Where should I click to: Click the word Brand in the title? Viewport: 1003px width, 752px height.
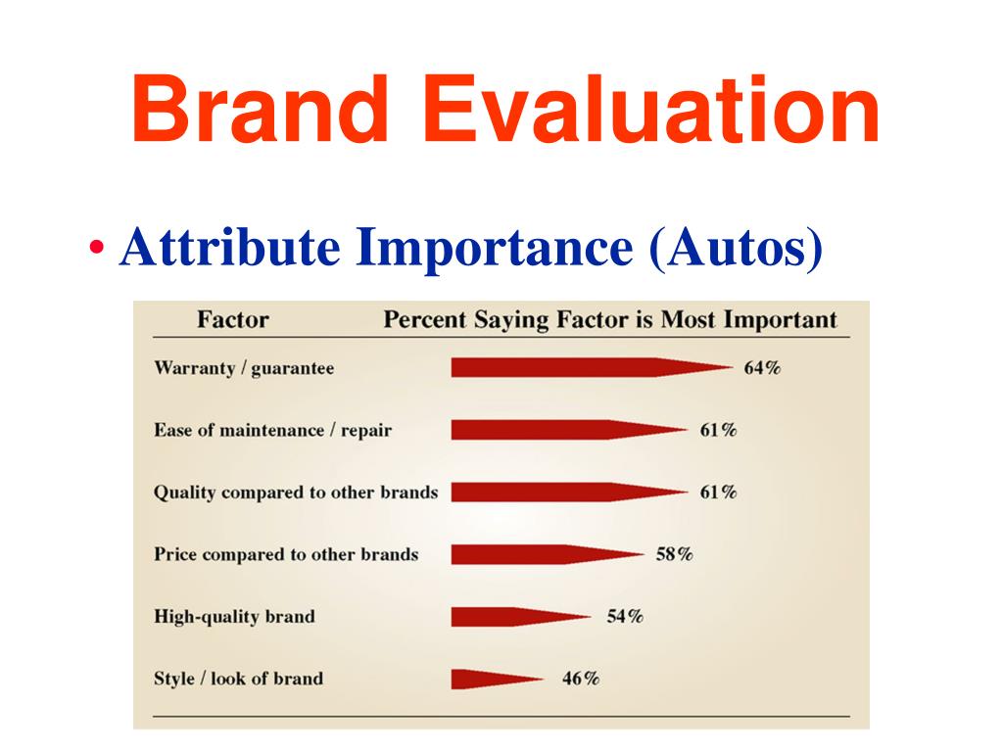(x=261, y=109)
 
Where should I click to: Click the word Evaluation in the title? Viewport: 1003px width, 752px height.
(x=651, y=109)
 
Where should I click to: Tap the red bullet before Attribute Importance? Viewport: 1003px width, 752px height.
(x=97, y=247)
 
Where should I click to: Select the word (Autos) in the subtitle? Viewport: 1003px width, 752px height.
(x=736, y=247)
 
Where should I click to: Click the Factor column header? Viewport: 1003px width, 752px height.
(x=233, y=319)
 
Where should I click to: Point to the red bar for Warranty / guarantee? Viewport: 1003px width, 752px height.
(x=592, y=367)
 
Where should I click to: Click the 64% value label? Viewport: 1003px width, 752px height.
(x=762, y=368)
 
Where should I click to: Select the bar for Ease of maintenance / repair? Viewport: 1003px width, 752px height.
(x=569, y=430)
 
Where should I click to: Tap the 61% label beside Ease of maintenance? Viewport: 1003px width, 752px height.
(x=718, y=430)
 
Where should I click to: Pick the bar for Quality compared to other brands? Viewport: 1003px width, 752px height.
(x=569, y=492)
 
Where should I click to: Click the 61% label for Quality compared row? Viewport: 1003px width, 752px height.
(x=718, y=492)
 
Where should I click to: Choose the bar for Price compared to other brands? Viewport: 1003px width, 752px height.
(x=548, y=554)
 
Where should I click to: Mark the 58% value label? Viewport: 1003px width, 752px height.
(x=674, y=554)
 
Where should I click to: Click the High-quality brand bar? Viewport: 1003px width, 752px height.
(x=521, y=617)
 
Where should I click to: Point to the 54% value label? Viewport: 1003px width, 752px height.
(x=625, y=617)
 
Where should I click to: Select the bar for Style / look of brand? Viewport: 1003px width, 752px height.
(x=497, y=679)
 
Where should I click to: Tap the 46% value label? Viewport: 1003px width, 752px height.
(x=581, y=678)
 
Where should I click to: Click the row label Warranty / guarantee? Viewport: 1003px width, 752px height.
(x=244, y=368)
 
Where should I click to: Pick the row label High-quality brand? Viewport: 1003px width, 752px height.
(x=234, y=617)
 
